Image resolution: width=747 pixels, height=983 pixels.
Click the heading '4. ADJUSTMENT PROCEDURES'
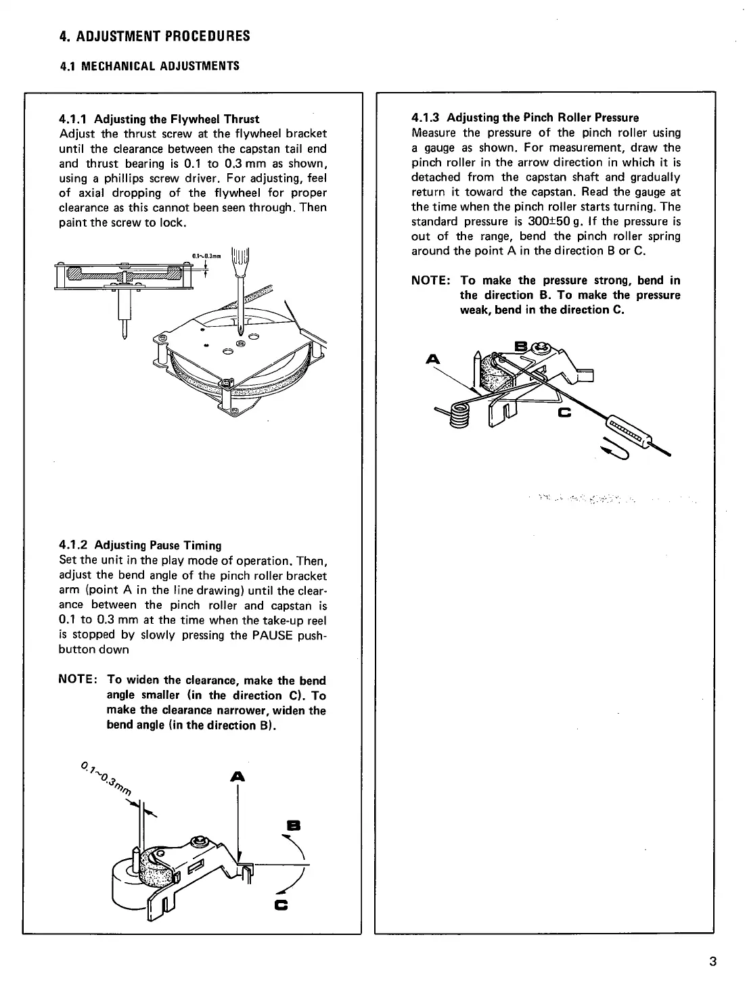(154, 36)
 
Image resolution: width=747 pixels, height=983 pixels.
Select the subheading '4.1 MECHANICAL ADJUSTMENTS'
(150, 66)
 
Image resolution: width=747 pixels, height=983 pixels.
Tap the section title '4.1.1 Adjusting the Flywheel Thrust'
(159, 119)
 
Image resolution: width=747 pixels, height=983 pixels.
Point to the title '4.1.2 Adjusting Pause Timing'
(140, 545)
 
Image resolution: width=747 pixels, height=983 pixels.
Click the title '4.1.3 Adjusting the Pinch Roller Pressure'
(525, 118)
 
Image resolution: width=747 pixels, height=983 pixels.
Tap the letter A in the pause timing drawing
(237, 777)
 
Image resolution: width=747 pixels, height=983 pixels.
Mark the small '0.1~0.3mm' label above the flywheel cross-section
(207, 256)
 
